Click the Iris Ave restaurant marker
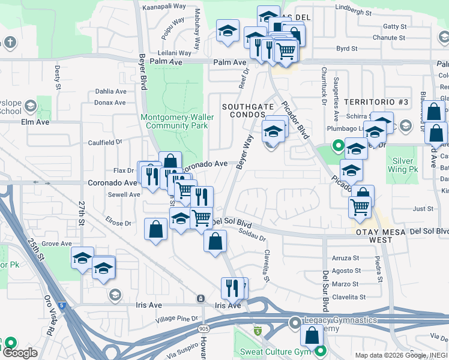coord(231,288)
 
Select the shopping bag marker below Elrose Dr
coord(156,230)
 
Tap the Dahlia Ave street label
coord(111,92)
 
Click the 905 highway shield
coord(204,329)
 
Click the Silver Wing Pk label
coord(403,165)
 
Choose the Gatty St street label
coord(395,26)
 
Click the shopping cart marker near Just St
coord(359,207)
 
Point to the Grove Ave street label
coord(57,244)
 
